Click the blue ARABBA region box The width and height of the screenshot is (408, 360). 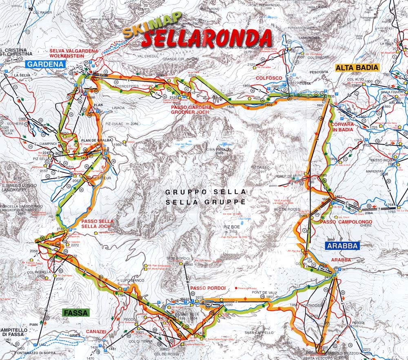coord(342,246)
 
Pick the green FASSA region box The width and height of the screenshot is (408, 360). coord(76,313)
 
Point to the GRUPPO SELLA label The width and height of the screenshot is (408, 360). coord(206,192)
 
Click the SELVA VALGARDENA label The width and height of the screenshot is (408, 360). coord(74,51)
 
